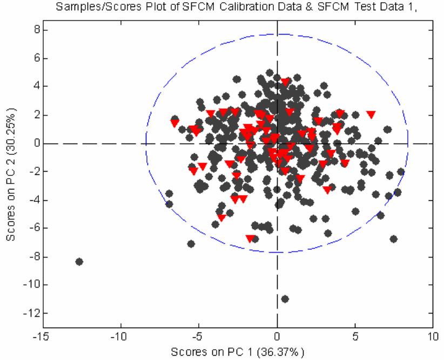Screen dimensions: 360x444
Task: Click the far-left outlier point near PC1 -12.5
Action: point(79,262)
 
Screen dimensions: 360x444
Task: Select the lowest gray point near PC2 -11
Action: point(285,299)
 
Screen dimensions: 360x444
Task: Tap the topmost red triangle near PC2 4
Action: point(285,82)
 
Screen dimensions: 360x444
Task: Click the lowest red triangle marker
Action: point(250,239)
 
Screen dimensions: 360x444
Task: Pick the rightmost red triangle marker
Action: point(371,114)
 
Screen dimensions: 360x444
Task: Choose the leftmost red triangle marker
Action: point(174,124)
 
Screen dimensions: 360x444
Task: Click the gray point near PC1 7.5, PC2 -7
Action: point(393,239)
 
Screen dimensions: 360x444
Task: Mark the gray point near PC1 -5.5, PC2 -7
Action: point(191,244)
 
